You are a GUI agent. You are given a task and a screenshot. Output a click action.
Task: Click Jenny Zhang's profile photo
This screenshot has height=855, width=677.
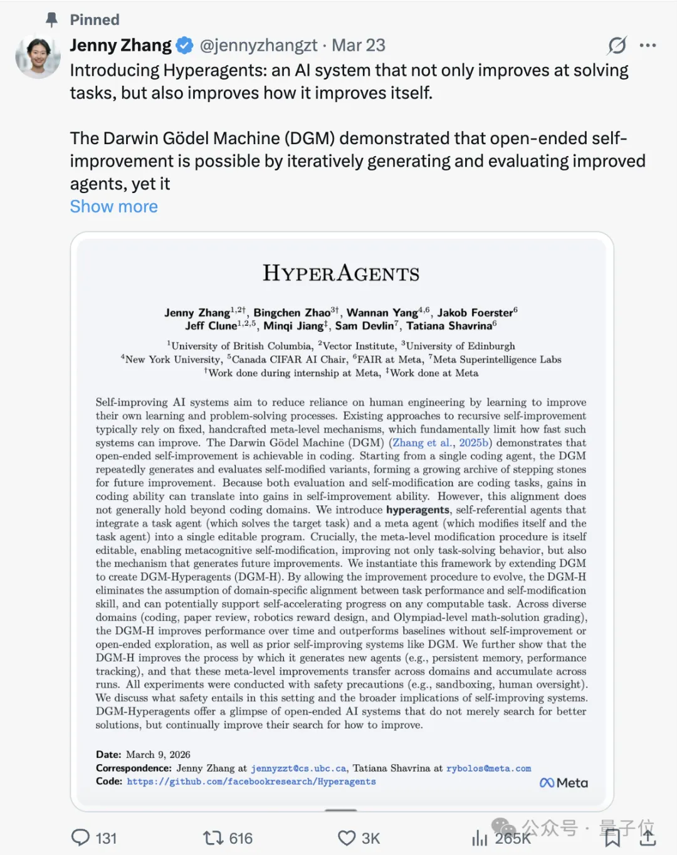pos(38,57)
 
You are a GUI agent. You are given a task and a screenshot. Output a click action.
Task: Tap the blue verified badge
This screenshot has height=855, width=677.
pos(184,46)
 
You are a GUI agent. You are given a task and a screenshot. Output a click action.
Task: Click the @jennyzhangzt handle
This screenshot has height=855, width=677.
pos(258,46)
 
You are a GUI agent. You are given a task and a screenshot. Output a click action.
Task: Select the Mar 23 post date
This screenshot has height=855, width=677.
pos(358,46)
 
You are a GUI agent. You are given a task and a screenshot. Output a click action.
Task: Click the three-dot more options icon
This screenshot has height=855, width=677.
pos(648,46)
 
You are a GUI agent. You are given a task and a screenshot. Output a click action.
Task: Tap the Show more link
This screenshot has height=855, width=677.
pos(113,207)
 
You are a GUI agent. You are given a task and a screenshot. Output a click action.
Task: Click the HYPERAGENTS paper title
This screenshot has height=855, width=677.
pos(341,273)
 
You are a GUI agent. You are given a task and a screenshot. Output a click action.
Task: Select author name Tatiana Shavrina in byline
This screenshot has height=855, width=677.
pos(450,326)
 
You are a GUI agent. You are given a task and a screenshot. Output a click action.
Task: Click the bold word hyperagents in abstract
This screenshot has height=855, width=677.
pos(417,510)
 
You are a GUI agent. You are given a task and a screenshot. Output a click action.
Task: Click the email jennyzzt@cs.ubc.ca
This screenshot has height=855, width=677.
pos(298,768)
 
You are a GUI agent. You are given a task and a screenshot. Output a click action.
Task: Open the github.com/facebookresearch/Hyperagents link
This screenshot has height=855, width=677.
pos(251,782)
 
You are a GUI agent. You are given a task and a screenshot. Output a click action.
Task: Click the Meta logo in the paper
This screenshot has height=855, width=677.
pos(564,783)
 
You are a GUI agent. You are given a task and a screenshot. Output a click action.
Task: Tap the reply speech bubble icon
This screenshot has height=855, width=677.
pos(81,837)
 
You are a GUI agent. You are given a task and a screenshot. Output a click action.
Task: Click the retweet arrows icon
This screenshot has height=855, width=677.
pos(213,837)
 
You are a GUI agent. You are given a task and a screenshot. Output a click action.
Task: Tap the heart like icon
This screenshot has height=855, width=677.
pos(347,838)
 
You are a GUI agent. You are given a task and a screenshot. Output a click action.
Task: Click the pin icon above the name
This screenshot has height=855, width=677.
pos(52,20)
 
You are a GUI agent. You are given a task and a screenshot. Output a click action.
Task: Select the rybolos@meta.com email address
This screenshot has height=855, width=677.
pos(488,768)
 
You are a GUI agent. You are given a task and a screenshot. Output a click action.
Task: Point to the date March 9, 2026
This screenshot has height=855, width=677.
pos(158,755)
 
